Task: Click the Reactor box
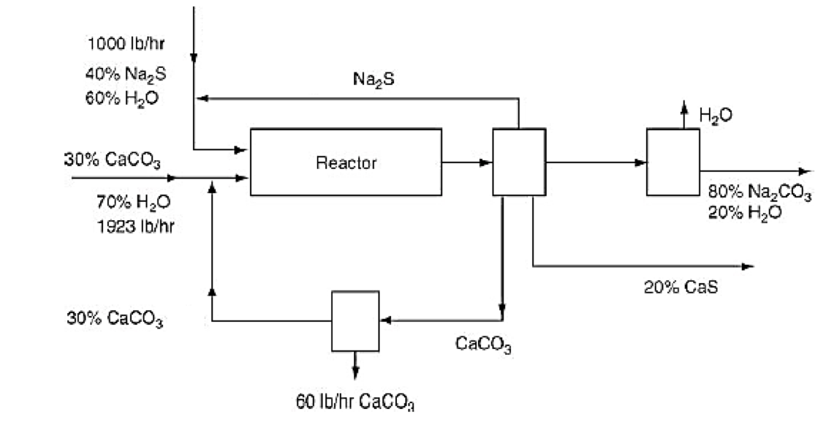pyautogui.click(x=346, y=162)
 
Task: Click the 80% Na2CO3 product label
pyautogui.click(x=759, y=194)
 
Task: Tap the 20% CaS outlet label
pyautogui.click(x=681, y=288)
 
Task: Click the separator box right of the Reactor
pyautogui.click(x=519, y=162)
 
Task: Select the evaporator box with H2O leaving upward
pyautogui.click(x=672, y=162)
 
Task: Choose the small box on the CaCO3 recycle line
pyautogui.click(x=355, y=320)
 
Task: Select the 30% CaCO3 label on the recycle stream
pyautogui.click(x=115, y=318)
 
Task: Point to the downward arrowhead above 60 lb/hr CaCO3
pyautogui.click(x=355, y=372)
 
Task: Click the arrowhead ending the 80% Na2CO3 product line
pyautogui.click(x=805, y=171)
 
